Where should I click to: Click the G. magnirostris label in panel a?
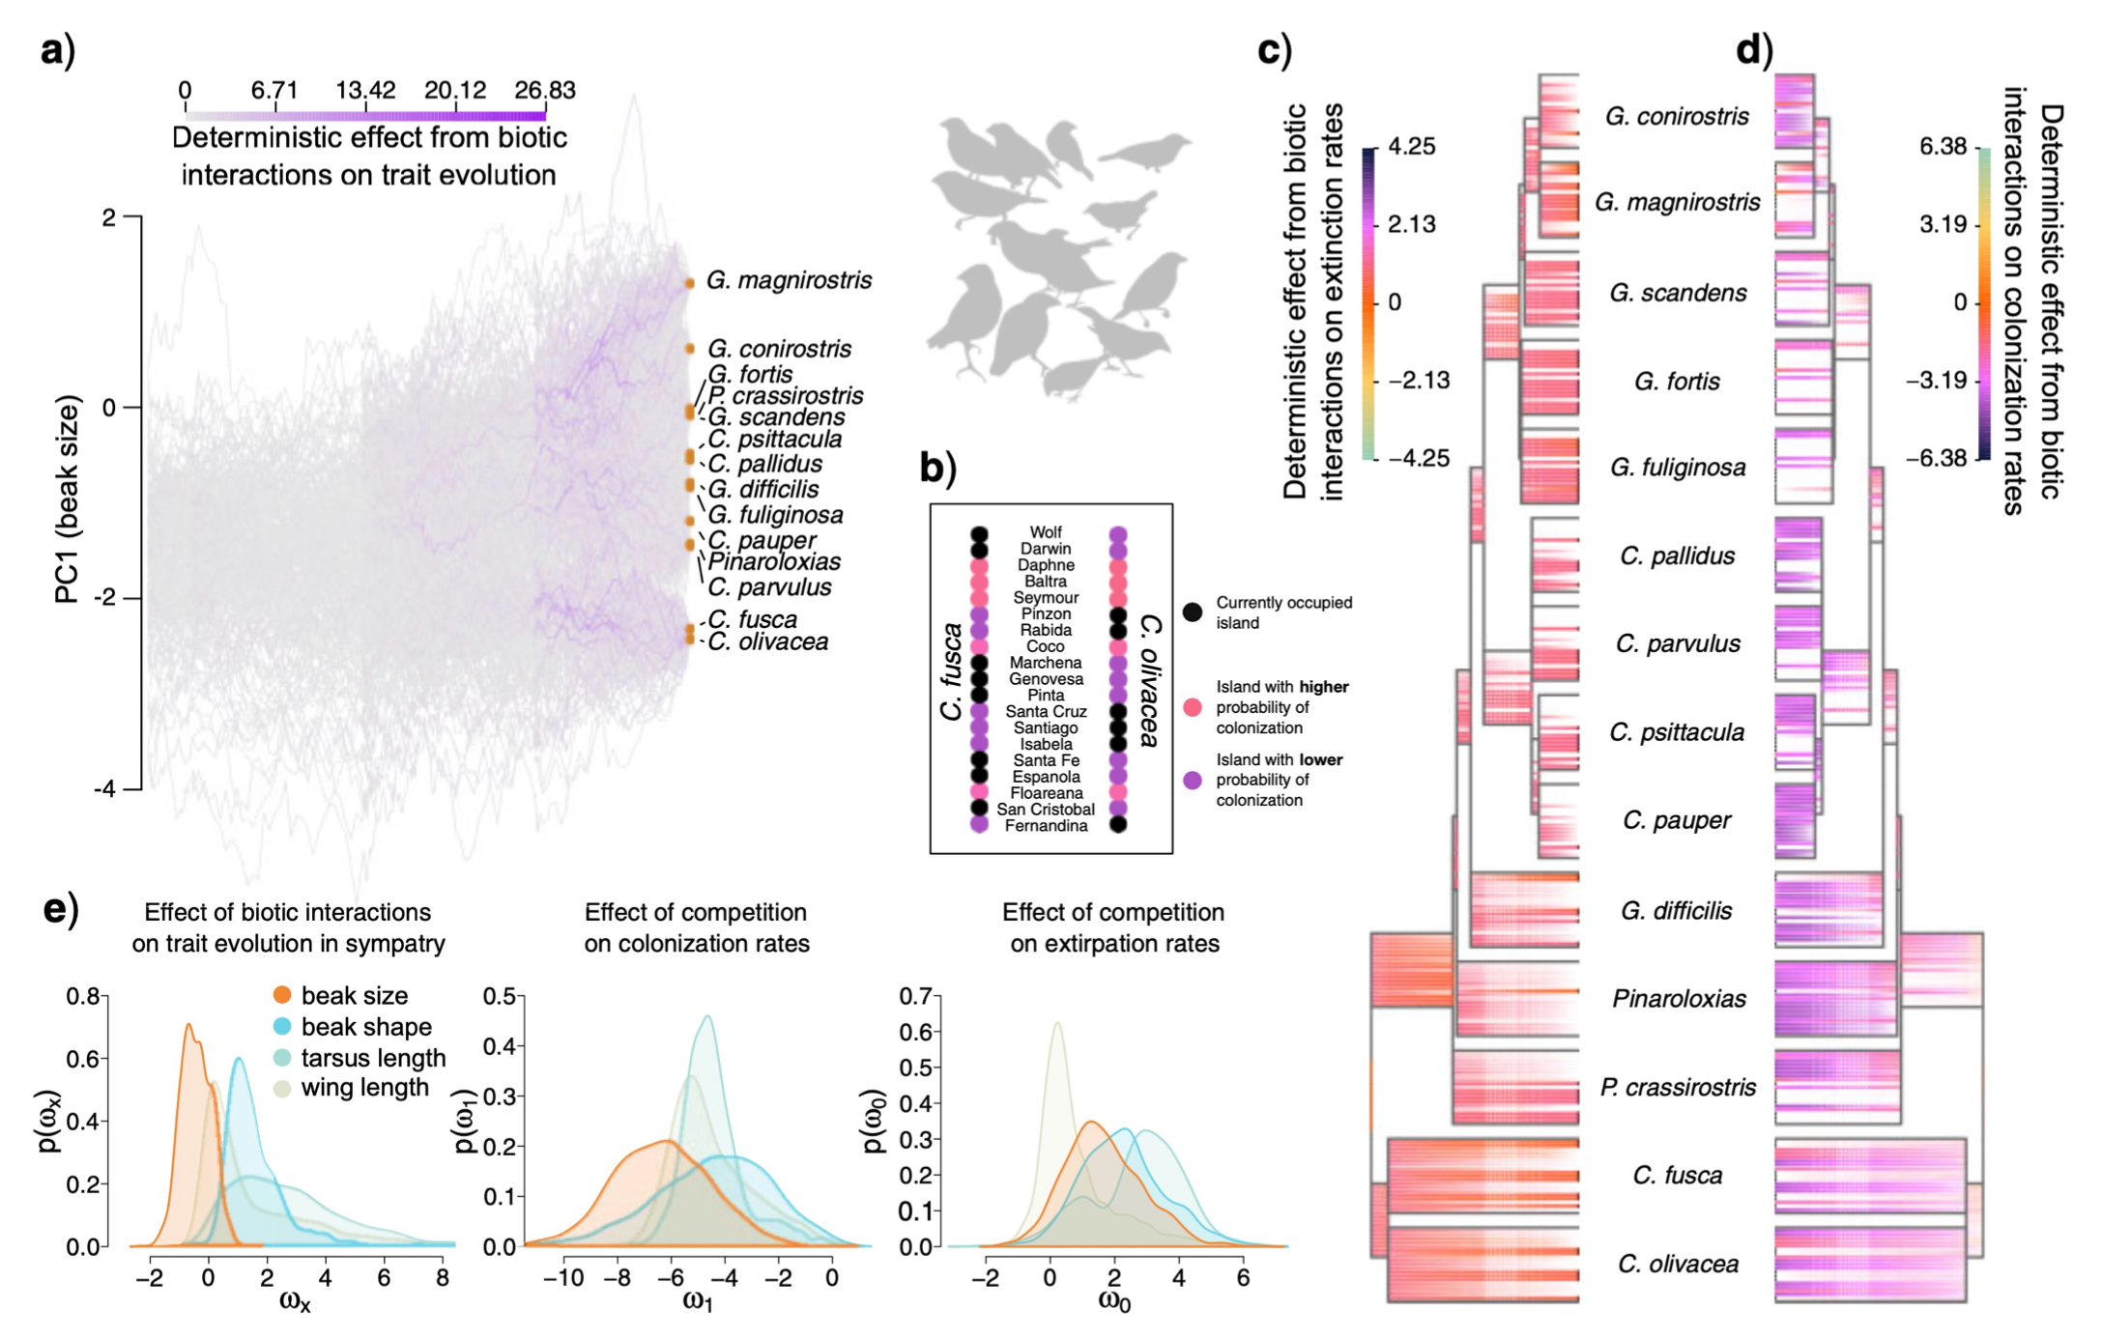point(789,280)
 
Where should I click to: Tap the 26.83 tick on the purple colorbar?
point(545,91)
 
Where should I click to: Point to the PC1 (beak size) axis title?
point(67,499)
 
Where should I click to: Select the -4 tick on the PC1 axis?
point(105,789)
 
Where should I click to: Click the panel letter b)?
point(937,469)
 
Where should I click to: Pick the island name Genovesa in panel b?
point(1046,679)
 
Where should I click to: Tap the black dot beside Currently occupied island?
point(1193,612)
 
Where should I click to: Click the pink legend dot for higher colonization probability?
point(1193,707)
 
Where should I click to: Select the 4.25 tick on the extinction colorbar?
point(1411,147)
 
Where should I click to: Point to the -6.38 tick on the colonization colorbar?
point(1936,458)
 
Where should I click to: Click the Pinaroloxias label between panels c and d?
point(1679,999)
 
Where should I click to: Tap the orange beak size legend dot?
point(282,995)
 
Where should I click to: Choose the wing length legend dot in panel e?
point(282,1088)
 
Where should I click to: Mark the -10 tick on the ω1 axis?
point(562,1278)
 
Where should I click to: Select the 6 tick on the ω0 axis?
point(1243,1278)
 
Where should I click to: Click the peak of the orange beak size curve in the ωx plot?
point(188,1025)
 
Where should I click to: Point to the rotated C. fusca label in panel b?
point(952,671)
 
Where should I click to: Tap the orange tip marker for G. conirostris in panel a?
point(690,349)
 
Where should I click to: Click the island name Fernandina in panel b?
point(1046,826)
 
